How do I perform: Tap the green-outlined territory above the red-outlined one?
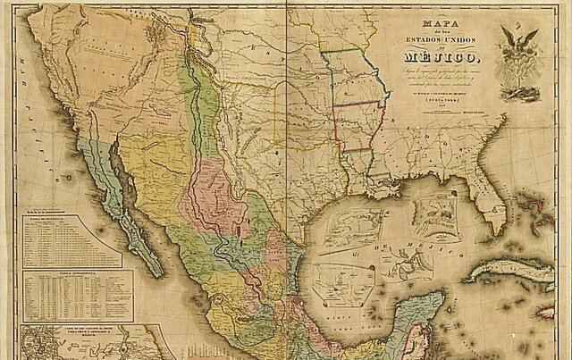(353, 76)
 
